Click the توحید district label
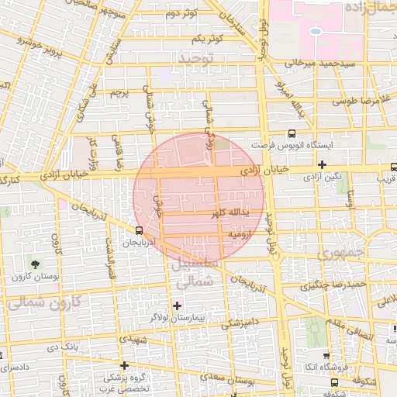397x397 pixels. click(x=194, y=59)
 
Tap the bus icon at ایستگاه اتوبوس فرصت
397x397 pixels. click(x=292, y=133)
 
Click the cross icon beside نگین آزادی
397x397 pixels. click(x=322, y=164)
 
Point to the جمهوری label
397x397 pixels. click(x=341, y=254)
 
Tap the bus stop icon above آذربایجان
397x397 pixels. click(x=139, y=230)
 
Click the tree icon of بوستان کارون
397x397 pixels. click(x=33, y=265)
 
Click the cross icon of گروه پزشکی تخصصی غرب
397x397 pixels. click(x=123, y=364)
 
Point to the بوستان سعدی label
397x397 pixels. click(x=255, y=381)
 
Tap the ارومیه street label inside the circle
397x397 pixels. click(x=237, y=233)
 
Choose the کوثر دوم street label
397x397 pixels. click(x=182, y=13)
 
